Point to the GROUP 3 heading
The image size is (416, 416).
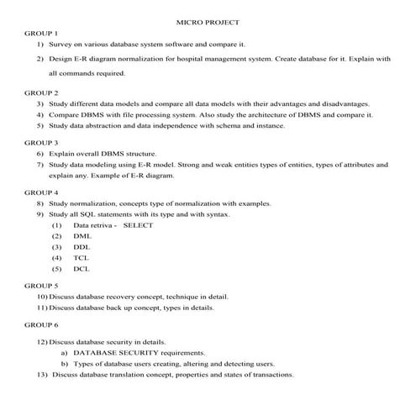[40, 143]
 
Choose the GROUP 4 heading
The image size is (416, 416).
[40, 192]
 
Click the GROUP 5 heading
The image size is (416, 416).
[40, 286]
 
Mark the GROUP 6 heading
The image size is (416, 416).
[40, 324]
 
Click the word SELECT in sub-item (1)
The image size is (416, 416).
[136, 225]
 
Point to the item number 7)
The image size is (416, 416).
[40, 166]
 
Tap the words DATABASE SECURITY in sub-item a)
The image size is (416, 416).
[110, 353]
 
